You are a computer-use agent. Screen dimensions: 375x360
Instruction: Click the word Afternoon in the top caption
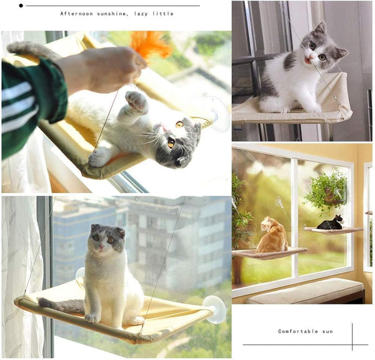pos(76,14)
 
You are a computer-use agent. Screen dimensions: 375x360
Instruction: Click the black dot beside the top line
pos(21,6)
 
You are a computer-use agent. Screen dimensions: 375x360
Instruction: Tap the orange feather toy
pos(150,45)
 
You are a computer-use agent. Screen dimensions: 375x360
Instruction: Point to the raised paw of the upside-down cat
pos(136,102)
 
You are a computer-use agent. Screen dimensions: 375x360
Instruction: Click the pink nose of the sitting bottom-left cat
pos(101,246)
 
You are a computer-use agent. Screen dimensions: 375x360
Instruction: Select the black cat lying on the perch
pos(331,223)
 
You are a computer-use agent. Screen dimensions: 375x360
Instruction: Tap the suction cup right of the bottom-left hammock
pos(214,309)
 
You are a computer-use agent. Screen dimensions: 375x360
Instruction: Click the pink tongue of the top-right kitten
pos(307,61)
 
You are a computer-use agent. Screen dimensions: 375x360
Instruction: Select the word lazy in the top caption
pos(141,14)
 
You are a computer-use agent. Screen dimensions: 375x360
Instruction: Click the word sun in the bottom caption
pos(327,331)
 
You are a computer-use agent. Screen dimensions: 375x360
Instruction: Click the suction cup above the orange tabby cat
pos(279,202)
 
